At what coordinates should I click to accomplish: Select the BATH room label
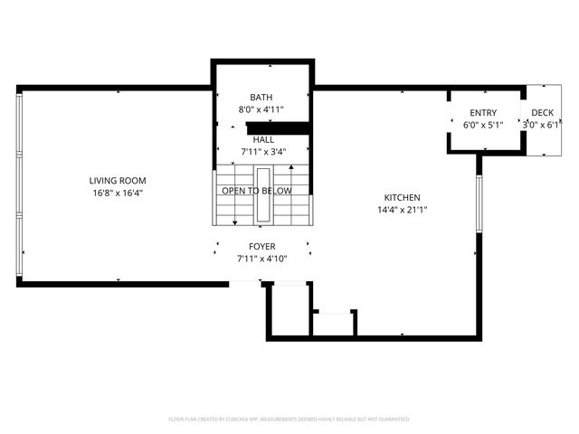tap(261, 98)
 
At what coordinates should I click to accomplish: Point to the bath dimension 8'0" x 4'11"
tap(261, 109)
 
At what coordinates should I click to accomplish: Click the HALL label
tap(263, 140)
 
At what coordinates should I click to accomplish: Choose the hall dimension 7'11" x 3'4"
tap(263, 152)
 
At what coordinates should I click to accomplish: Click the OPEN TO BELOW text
tap(257, 191)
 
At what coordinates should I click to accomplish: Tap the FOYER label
tap(262, 246)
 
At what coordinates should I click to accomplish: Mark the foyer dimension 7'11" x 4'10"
tap(262, 259)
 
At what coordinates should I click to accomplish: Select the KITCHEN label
tap(402, 197)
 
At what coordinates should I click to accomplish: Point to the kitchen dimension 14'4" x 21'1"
tap(402, 210)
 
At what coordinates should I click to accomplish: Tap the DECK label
tap(543, 113)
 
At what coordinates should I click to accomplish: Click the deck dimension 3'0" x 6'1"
tap(543, 125)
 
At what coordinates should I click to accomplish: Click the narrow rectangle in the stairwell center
tap(263, 194)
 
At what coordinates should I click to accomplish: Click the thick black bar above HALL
tap(278, 127)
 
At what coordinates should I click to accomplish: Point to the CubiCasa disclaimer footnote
tap(289, 419)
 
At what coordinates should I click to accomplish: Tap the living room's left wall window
tap(18, 184)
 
